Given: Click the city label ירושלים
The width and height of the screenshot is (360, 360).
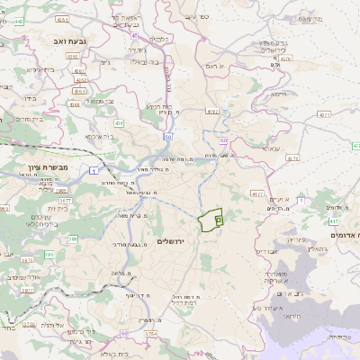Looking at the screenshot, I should point(170,241).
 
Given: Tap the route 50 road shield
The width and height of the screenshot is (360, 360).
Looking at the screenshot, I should point(168,137).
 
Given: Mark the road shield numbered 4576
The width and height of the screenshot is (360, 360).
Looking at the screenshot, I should point(285,58).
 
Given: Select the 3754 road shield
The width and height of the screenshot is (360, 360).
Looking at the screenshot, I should point(149,334).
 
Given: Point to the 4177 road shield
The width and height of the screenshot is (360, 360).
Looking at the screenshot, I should point(257,193).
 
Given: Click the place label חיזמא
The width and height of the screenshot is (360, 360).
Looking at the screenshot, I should point(278,93).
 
